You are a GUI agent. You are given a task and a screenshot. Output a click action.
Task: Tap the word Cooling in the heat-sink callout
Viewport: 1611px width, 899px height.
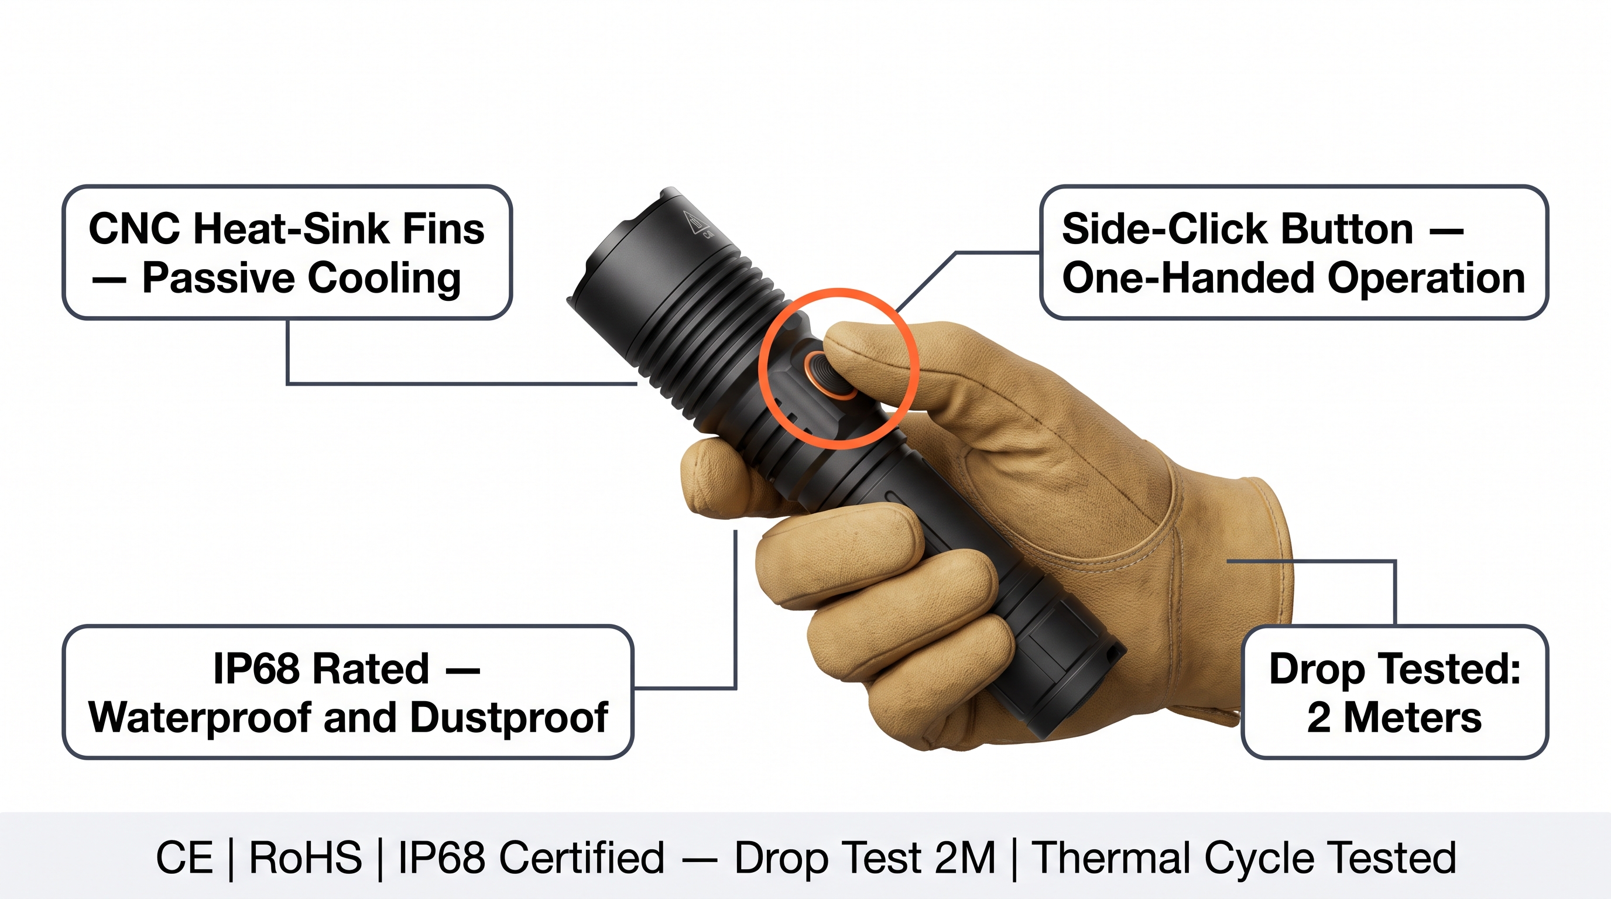(x=385, y=279)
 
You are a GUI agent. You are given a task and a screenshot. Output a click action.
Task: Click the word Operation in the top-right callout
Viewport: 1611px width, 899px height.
(x=1427, y=279)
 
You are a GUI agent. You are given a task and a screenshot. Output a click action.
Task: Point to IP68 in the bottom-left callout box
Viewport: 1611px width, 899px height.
(x=256, y=669)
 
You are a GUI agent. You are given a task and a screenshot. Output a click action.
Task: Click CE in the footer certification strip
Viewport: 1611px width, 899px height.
(x=184, y=858)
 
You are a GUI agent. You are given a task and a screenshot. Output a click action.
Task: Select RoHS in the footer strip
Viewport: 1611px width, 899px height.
(x=305, y=858)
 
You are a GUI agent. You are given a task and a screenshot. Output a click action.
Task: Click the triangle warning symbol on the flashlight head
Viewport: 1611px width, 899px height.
(x=693, y=222)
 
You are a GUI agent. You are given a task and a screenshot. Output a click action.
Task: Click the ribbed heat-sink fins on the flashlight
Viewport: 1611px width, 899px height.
(x=713, y=331)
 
